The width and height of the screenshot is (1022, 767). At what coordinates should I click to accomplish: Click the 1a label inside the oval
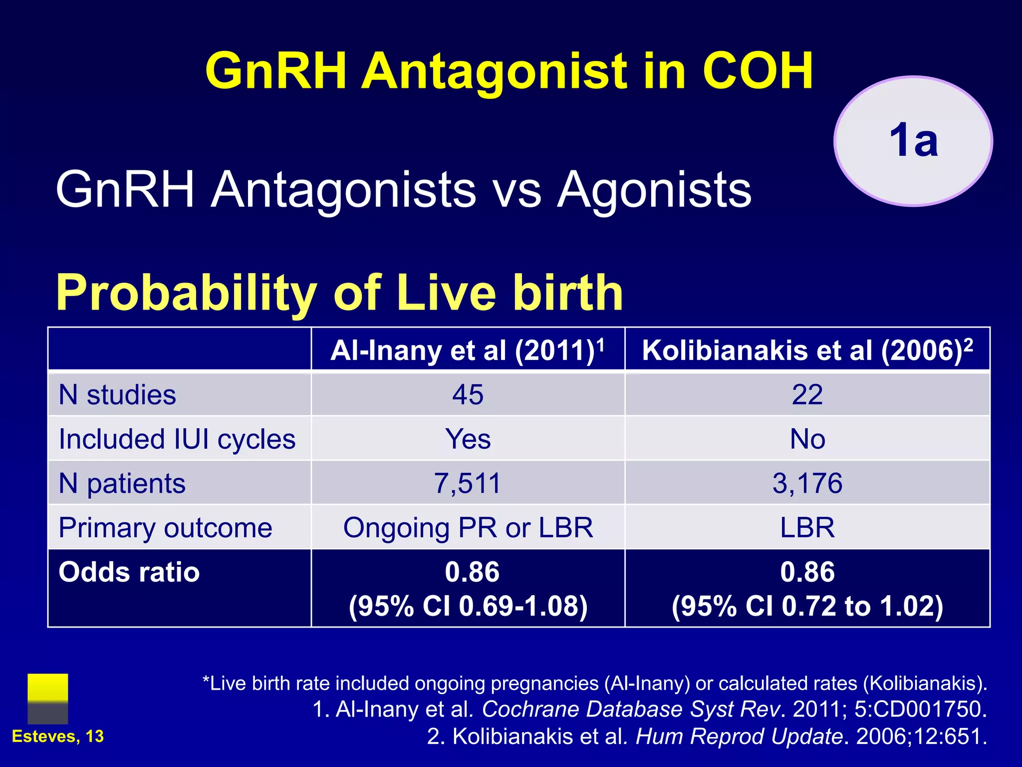click(913, 141)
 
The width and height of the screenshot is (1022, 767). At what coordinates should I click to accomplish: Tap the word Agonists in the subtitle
click(654, 190)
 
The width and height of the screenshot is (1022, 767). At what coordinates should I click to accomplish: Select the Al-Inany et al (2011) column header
click(468, 350)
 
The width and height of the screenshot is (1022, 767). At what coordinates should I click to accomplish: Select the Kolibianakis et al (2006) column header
click(807, 350)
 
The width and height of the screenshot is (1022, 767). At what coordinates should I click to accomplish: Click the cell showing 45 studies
click(468, 394)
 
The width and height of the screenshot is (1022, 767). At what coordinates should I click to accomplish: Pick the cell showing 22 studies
click(807, 394)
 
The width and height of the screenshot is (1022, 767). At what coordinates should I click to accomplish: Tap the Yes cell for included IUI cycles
click(468, 439)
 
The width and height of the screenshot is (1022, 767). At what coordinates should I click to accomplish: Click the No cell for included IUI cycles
click(807, 439)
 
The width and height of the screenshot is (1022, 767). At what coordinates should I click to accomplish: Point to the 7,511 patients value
click(468, 483)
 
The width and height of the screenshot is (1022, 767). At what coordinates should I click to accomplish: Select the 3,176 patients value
click(807, 483)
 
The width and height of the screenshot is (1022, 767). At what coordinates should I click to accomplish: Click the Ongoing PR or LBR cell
click(468, 528)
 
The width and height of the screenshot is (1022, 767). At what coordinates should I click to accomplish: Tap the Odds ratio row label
click(129, 572)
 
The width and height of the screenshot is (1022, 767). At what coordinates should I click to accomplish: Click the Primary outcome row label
click(165, 528)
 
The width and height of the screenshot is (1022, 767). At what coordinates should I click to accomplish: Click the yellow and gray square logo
click(48, 699)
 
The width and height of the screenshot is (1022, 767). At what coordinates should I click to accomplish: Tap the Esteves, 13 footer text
click(58, 737)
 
